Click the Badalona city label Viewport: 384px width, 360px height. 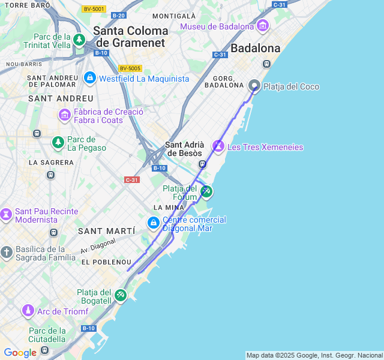(256, 48)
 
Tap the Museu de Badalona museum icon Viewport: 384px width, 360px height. (262, 26)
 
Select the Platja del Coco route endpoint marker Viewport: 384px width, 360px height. (254, 86)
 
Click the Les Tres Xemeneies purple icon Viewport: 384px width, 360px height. (218, 146)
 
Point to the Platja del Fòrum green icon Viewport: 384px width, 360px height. (206, 191)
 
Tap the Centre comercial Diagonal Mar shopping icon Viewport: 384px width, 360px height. (154, 224)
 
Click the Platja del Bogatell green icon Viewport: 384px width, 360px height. (121, 295)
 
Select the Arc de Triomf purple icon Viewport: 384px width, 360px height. (28, 311)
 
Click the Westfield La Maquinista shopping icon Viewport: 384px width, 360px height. (90, 78)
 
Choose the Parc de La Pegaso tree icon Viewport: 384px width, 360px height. (58, 143)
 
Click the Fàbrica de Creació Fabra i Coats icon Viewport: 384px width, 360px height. (64, 114)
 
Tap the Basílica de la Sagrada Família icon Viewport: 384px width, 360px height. (6, 253)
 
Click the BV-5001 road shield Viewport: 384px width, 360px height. (94, 9)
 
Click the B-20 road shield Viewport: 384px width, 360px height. (119, 16)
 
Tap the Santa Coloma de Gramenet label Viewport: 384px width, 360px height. (131, 36)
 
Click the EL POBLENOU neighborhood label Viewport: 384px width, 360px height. (106, 262)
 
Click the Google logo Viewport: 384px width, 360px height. (20, 353)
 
